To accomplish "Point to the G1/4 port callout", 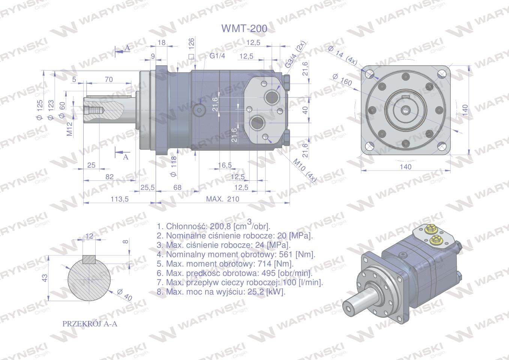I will pos(217,56).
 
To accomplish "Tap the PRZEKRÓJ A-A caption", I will pos(90,324).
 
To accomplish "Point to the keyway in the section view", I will pos(89,259).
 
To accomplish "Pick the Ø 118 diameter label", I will pos(173,167).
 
